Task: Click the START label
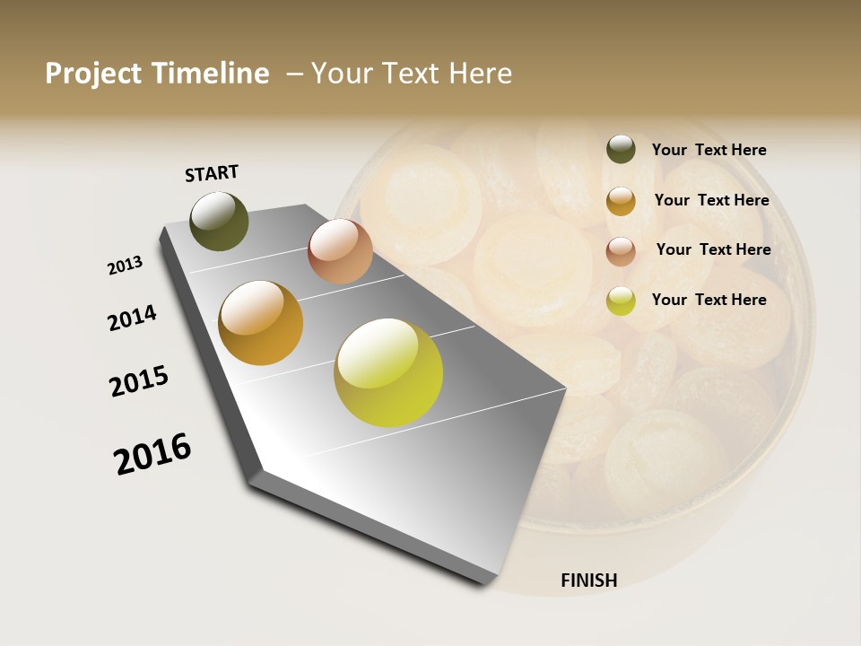point(212,173)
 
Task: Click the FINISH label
point(588,581)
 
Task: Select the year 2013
point(126,266)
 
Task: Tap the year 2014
point(132,318)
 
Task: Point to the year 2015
point(139,381)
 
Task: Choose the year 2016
point(152,454)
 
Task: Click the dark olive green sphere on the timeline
point(220,221)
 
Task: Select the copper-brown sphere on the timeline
point(340,251)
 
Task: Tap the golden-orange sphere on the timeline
point(260,323)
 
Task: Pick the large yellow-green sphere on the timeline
point(388,372)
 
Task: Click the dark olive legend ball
point(621,150)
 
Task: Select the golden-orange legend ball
point(621,201)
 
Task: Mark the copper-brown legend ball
point(621,251)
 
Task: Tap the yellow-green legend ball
point(621,301)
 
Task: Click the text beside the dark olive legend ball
point(709,150)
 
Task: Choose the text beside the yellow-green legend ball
point(709,300)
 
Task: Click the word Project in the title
point(94,74)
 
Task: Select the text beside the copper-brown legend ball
point(713,249)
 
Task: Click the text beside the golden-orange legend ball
point(711,200)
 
